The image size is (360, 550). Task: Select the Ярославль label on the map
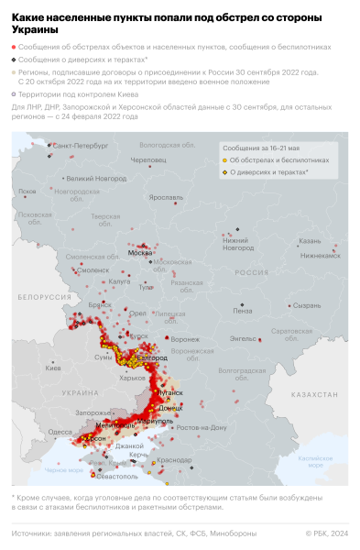(x=166, y=197)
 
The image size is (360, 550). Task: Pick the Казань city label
(x=309, y=241)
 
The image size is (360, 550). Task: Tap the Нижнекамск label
(x=320, y=256)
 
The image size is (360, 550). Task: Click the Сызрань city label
(x=306, y=304)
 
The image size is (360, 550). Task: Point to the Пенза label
(x=243, y=311)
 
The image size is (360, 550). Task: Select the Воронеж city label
(x=185, y=339)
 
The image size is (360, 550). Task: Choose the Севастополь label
(x=117, y=477)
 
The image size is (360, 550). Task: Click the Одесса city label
(x=60, y=431)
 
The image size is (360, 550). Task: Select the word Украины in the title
(x=33, y=30)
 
